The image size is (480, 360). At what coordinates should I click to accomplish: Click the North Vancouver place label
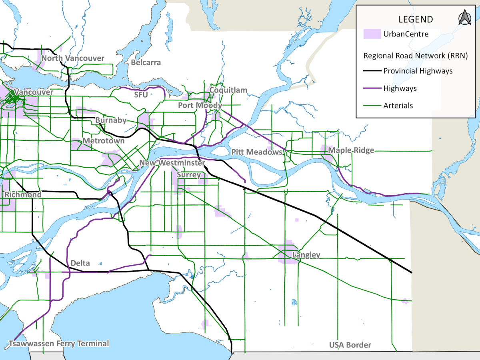coord(73,58)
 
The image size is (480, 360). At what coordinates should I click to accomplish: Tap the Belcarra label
coord(146,62)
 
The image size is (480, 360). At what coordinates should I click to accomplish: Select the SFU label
coord(141,95)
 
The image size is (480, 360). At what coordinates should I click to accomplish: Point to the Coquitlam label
coord(228,90)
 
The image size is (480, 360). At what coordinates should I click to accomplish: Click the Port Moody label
coord(200,105)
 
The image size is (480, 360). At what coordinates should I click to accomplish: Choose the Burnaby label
coord(111,120)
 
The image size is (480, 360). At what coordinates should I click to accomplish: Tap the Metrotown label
coord(103,141)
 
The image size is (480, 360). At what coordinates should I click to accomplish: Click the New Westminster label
coord(172,163)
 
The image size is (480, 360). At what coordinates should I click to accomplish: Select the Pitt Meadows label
coord(257,152)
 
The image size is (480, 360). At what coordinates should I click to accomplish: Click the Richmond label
coord(23,195)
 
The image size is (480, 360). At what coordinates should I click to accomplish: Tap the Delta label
coord(80,263)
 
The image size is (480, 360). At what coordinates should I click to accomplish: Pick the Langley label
coord(306,255)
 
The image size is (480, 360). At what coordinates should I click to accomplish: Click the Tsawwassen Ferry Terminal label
coord(59,343)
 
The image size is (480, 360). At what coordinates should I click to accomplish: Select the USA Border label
coord(350,345)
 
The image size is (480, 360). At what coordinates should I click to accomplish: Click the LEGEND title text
coord(416,19)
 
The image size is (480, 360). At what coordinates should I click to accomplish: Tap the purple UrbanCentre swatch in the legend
coord(372,34)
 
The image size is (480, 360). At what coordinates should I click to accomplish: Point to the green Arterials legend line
coord(372,106)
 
